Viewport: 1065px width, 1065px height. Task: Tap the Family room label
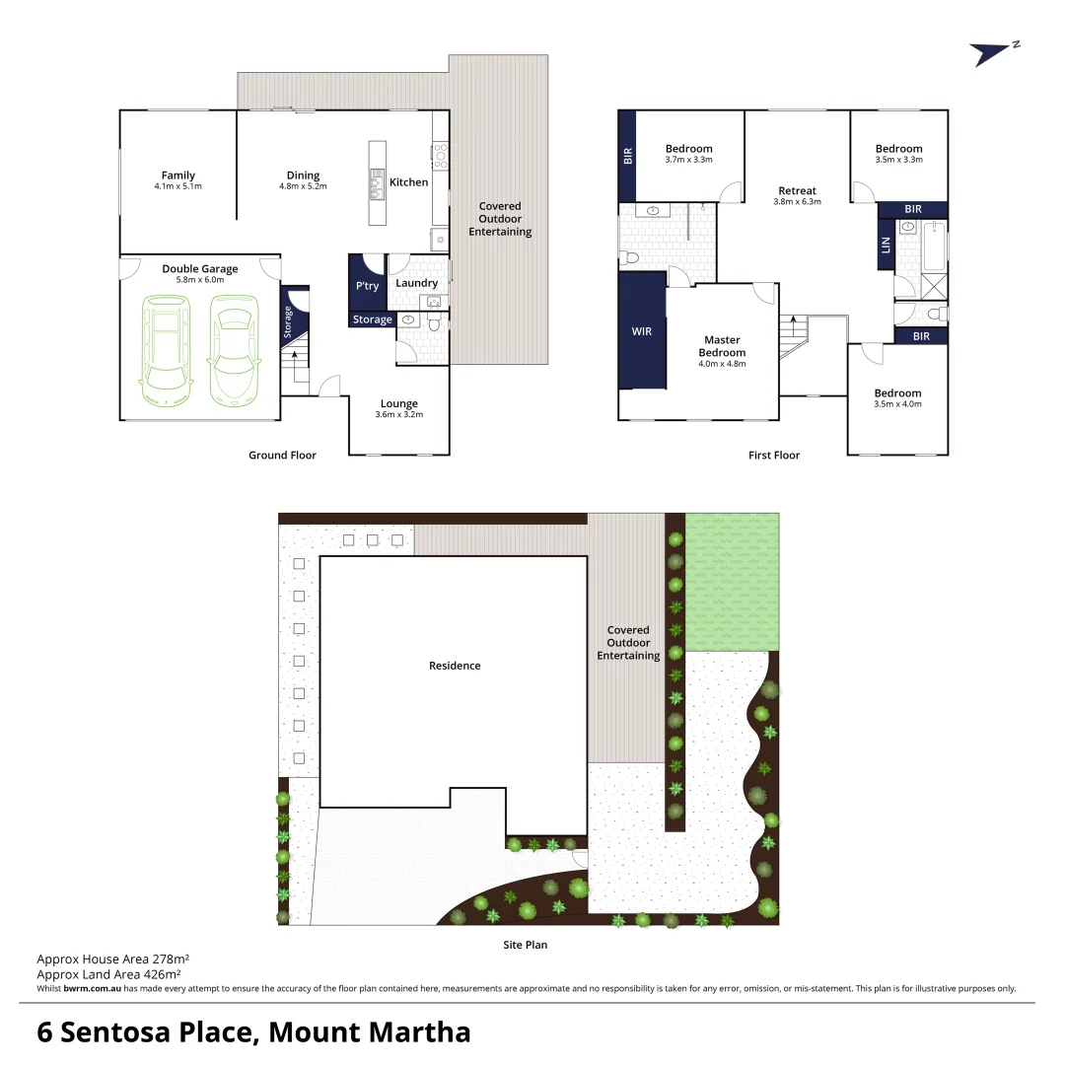click(177, 176)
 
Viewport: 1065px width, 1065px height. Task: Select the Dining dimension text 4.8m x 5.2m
click(303, 186)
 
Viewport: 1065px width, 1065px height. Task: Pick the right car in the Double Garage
click(234, 352)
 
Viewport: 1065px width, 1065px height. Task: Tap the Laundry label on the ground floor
click(416, 283)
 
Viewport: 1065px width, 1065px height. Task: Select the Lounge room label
click(398, 403)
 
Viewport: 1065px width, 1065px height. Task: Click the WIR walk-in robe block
click(642, 332)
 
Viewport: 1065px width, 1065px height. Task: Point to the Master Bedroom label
click(722, 346)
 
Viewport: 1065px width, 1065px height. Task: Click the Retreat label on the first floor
click(797, 190)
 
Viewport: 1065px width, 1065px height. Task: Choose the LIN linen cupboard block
click(886, 244)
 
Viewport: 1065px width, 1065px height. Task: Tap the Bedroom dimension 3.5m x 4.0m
click(897, 404)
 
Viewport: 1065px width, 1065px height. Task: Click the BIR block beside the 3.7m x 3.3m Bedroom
click(628, 155)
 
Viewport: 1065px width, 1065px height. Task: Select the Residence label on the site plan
click(455, 666)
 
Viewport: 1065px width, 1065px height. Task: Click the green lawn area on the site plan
click(731, 582)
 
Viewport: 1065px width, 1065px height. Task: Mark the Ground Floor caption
click(282, 456)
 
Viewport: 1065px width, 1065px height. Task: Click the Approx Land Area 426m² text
click(112, 973)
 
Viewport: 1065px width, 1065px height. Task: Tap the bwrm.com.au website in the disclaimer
click(92, 988)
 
